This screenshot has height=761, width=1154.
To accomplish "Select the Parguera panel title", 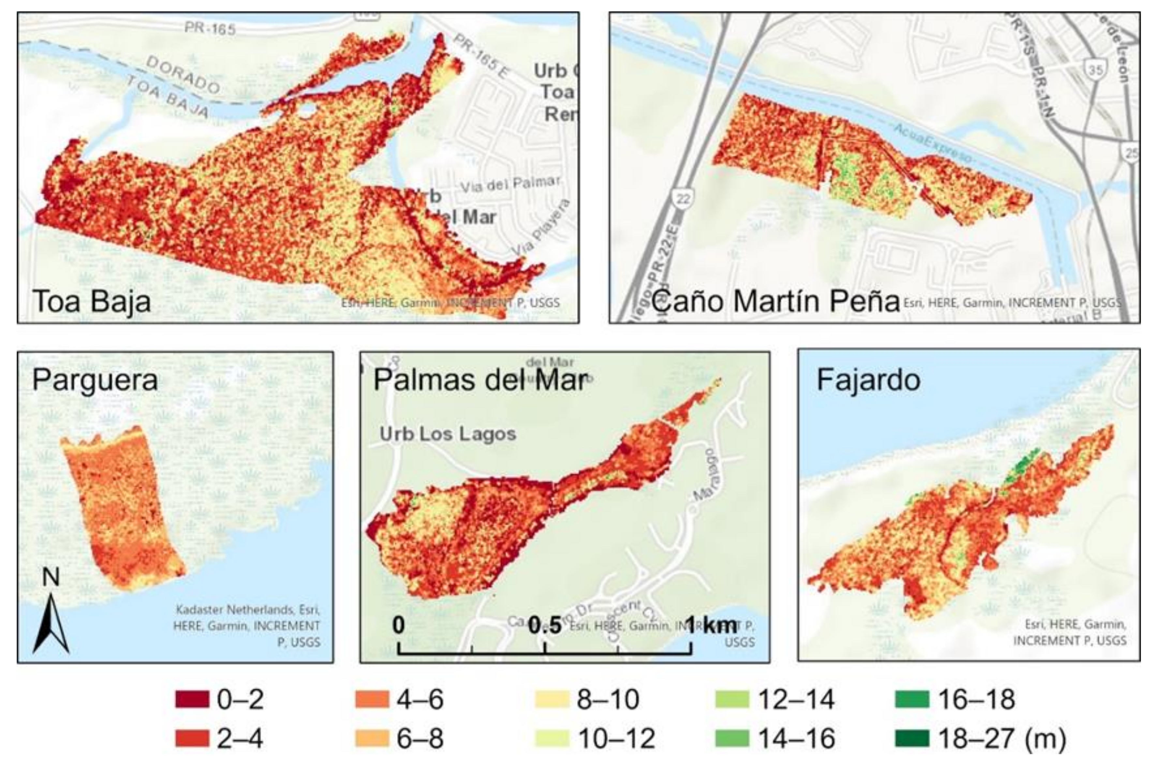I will [x=95, y=380].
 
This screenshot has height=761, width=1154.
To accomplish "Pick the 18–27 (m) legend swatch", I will [x=912, y=738].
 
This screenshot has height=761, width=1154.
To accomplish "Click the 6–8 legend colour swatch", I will [x=372, y=738].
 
